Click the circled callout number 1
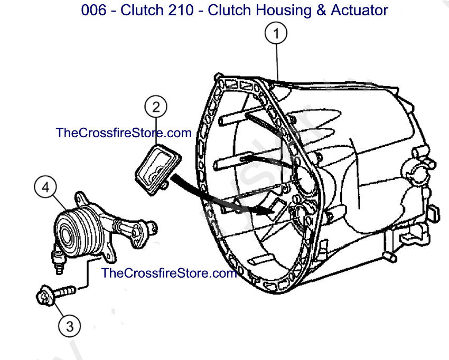(x=276, y=33)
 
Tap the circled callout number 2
(x=156, y=107)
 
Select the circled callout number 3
(x=70, y=326)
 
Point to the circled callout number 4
(x=45, y=187)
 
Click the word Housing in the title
(x=283, y=11)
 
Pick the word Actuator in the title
(x=359, y=10)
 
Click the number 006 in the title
(x=93, y=10)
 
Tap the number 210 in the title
(x=181, y=10)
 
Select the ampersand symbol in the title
(x=321, y=10)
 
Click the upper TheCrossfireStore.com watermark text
(x=124, y=133)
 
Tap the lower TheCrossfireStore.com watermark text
(x=169, y=273)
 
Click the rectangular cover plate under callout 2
(x=158, y=169)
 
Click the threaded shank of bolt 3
(x=65, y=292)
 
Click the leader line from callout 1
(x=277, y=62)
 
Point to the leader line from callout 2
(x=156, y=131)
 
